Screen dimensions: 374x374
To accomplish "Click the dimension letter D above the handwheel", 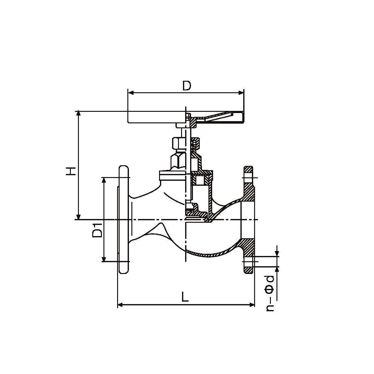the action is coord(187,86).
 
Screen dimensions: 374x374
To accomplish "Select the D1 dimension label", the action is coord(97,230).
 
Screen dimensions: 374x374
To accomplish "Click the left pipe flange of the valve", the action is coord(123,220).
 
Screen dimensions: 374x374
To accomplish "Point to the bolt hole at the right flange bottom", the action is coord(249,262).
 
